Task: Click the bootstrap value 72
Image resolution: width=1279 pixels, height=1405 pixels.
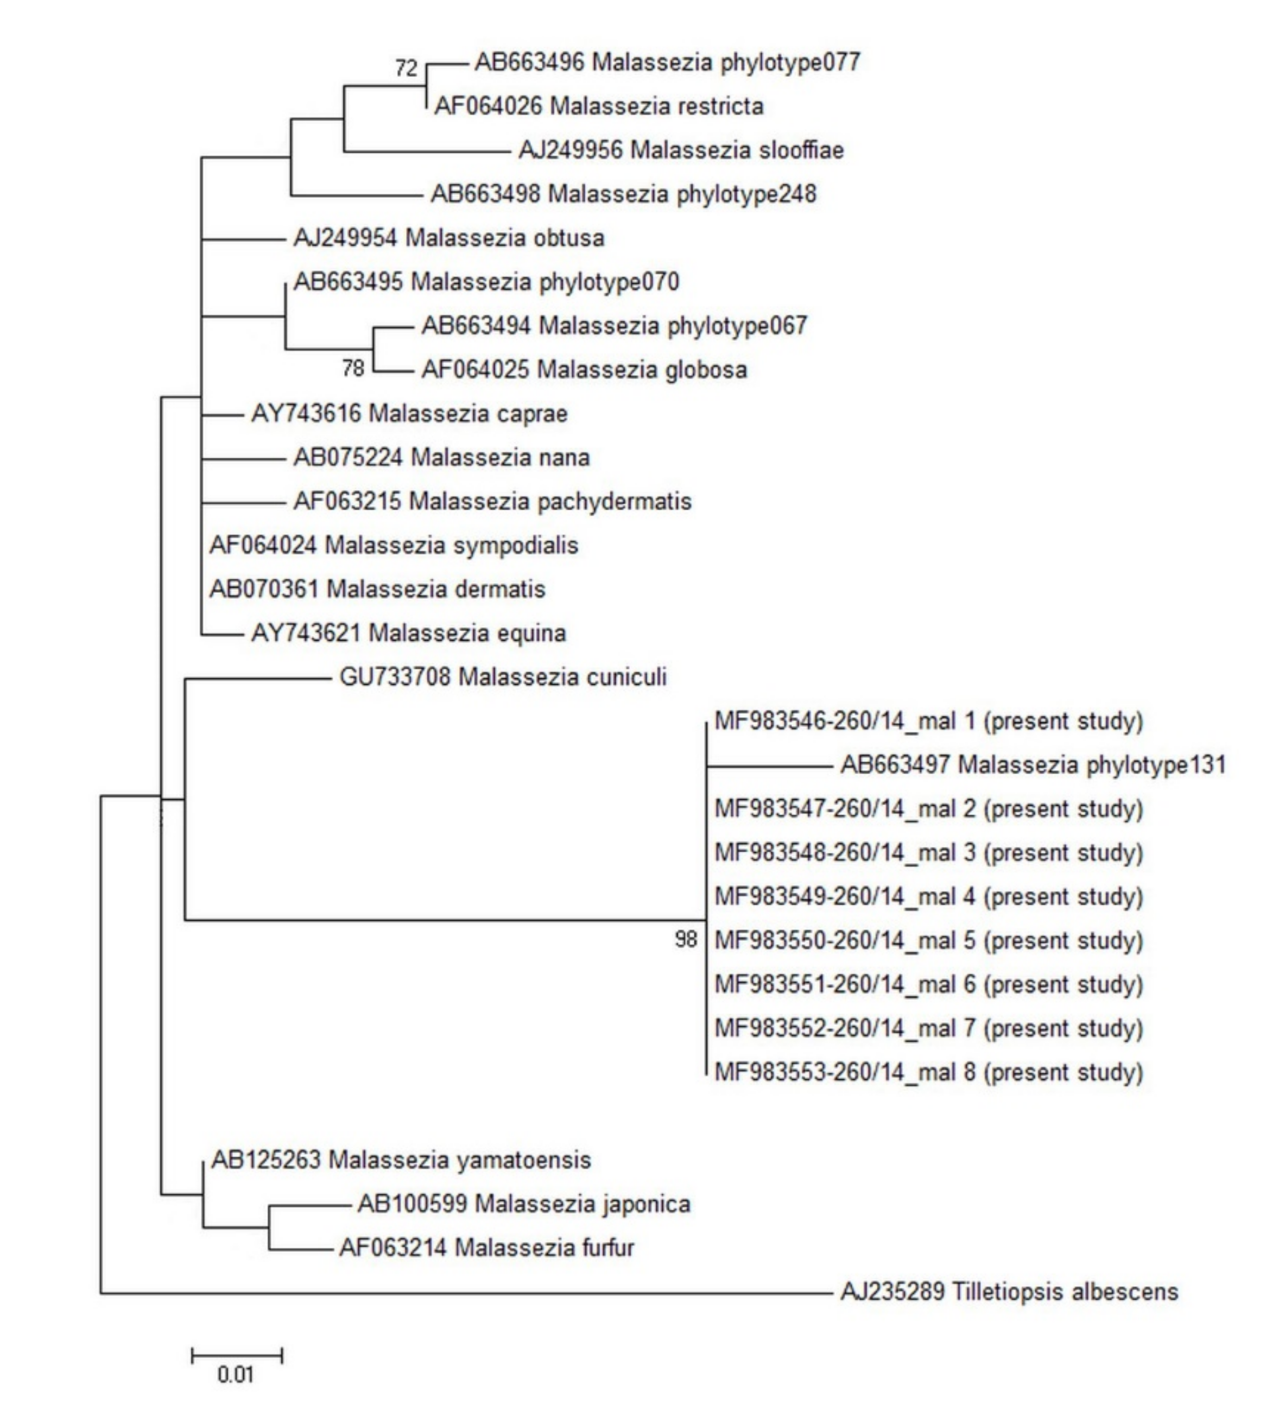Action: (407, 68)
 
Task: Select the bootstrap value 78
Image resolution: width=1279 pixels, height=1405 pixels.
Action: (353, 368)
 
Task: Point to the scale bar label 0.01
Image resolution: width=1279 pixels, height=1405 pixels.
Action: (236, 1375)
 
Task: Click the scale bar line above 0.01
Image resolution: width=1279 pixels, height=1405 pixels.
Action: (237, 1356)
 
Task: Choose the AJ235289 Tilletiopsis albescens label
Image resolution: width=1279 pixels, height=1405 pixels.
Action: (1009, 1292)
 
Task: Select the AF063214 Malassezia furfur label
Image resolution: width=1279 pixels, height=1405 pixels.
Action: (486, 1248)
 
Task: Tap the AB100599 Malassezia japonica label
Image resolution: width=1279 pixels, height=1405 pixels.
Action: (523, 1204)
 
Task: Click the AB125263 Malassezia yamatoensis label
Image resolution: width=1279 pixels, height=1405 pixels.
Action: (401, 1160)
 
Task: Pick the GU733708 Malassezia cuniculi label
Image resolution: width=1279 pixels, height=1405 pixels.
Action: (503, 677)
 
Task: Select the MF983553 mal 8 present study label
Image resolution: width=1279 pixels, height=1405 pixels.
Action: (928, 1072)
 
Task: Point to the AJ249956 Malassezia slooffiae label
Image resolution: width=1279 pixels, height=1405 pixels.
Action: (680, 150)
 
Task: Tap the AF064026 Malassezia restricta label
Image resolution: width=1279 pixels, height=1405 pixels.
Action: (599, 106)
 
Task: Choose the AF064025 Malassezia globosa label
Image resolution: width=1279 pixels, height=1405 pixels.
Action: (584, 369)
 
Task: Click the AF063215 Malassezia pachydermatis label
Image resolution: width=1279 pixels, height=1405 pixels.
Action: (492, 501)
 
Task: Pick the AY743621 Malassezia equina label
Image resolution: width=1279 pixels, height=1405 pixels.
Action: (408, 633)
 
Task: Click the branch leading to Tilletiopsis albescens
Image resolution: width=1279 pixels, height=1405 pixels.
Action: (467, 1294)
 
